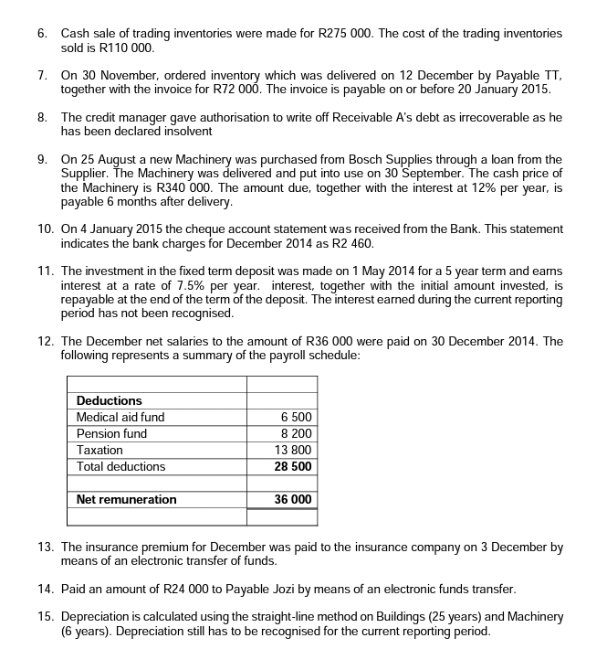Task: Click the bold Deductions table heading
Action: pos(110,400)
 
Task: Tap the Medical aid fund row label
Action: pos(120,417)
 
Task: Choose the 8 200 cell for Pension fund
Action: pos(297,433)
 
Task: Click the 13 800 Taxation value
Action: pos(293,450)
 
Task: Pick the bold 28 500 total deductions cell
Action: pos(293,466)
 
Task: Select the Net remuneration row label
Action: pos(126,499)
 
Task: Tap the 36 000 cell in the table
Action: pos(293,499)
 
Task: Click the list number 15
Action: pos(45,617)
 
